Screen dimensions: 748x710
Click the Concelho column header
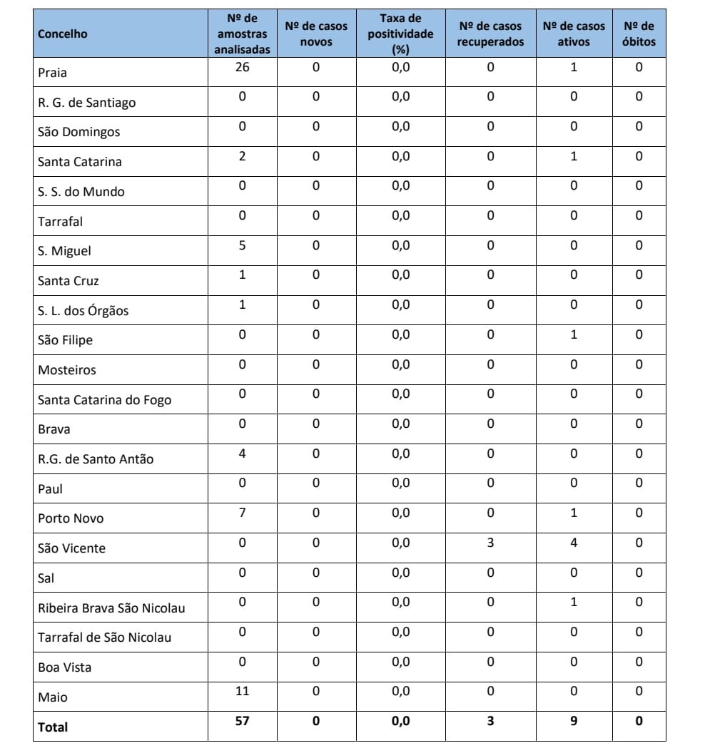click(63, 34)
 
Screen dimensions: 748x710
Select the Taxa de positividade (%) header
click(400, 34)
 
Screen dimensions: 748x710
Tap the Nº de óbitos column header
click(639, 34)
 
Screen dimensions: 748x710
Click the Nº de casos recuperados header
click(490, 34)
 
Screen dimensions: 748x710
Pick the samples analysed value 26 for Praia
click(243, 67)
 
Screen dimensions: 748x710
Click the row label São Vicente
click(71, 548)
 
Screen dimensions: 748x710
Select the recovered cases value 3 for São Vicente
click(490, 543)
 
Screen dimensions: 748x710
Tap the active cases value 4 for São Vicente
click(574, 543)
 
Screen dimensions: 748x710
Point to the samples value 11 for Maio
click(243, 691)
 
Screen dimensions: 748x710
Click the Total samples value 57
click(243, 721)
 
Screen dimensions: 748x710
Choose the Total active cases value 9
click(574, 721)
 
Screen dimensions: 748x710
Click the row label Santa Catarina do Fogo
click(104, 400)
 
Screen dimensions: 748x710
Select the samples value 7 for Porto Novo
click(243, 513)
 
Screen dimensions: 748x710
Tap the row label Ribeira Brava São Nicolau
click(111, 608)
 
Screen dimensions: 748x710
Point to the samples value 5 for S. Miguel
click(243, 245)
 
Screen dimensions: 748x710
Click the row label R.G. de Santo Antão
click(96, 459)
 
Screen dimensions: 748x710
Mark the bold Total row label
click(53, 727)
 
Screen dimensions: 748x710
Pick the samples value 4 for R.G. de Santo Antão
click(243, 454)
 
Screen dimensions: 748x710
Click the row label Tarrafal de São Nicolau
click(104, 637)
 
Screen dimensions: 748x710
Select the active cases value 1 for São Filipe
click(574, 334)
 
